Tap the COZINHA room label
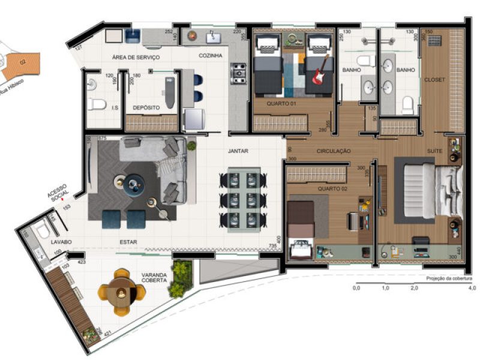click(x=211, y=56)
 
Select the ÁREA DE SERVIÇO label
click(x=135, y=57)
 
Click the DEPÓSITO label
click(x=146, y=107)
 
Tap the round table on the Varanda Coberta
click(x=122, y=292)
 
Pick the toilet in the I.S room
click(x=97, y=104)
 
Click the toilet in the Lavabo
click(x=42, y=232)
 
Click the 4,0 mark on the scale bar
click(x=472, y=289)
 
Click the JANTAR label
click(x=238, y=151)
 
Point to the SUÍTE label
click(x=434, y=151)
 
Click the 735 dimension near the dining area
click(x=273, y=246)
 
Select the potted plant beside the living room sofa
click(x=191, y=145)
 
